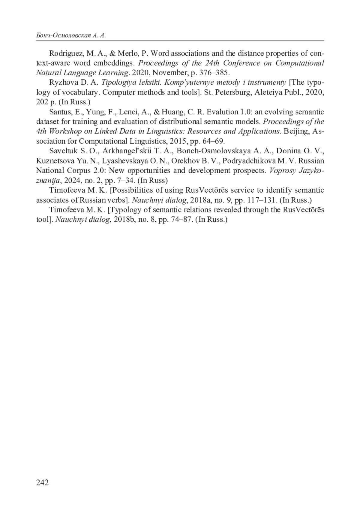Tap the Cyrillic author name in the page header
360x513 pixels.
pos(71,36)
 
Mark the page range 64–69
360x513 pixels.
pos(214,141)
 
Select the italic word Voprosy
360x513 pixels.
pos(282,170)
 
